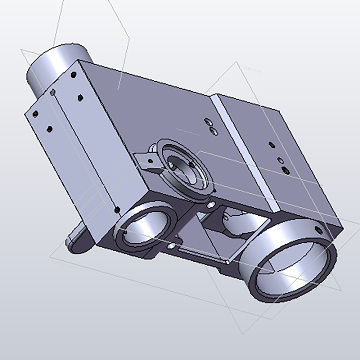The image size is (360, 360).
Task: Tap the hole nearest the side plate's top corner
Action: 74,75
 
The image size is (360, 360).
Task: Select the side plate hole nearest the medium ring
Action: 117,209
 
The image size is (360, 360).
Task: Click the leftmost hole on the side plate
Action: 35,114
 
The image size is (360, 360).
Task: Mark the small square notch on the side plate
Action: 53,93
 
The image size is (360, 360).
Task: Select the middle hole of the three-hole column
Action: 279,160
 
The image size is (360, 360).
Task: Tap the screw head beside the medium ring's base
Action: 172,246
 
